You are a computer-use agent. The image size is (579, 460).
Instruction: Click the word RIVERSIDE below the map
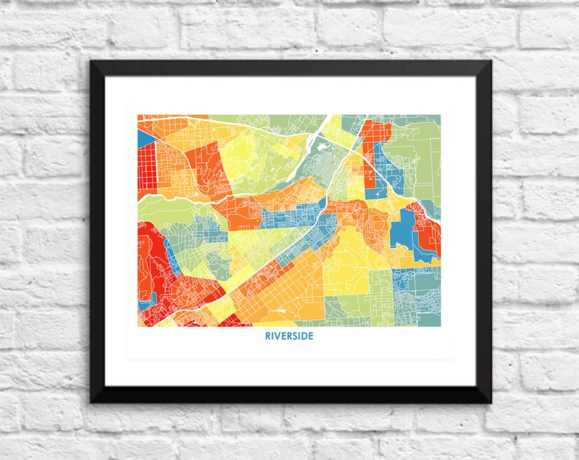coord(289,338)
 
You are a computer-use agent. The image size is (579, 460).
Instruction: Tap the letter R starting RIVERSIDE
coord(267,338)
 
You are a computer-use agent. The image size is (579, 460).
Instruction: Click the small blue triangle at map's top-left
coord(144,137)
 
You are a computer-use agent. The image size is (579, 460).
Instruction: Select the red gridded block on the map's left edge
coord(147,166)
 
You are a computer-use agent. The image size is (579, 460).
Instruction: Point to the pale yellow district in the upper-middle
coord(248,153)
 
